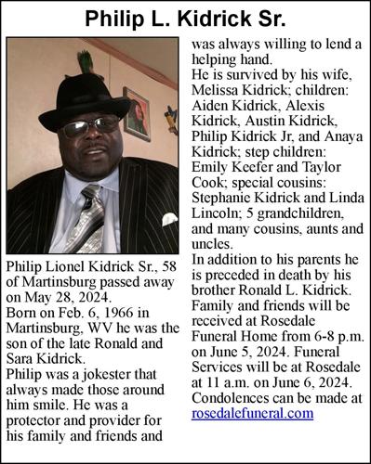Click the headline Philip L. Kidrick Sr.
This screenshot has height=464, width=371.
(185, 19)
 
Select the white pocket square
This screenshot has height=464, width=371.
(167, 220)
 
